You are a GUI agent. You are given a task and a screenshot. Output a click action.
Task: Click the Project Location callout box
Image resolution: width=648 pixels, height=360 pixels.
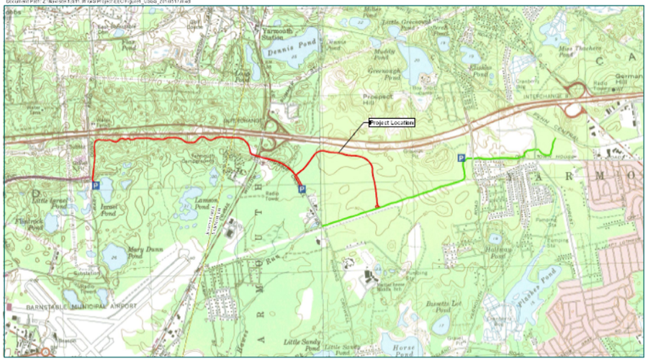[392, 122]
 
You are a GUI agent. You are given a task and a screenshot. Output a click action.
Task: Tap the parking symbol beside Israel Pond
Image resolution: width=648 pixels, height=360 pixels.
[96, 186]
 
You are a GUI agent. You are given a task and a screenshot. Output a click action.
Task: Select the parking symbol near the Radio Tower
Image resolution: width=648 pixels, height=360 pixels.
[302, 189]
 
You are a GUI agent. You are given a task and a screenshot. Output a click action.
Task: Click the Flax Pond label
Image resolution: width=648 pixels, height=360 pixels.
[129, 45]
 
